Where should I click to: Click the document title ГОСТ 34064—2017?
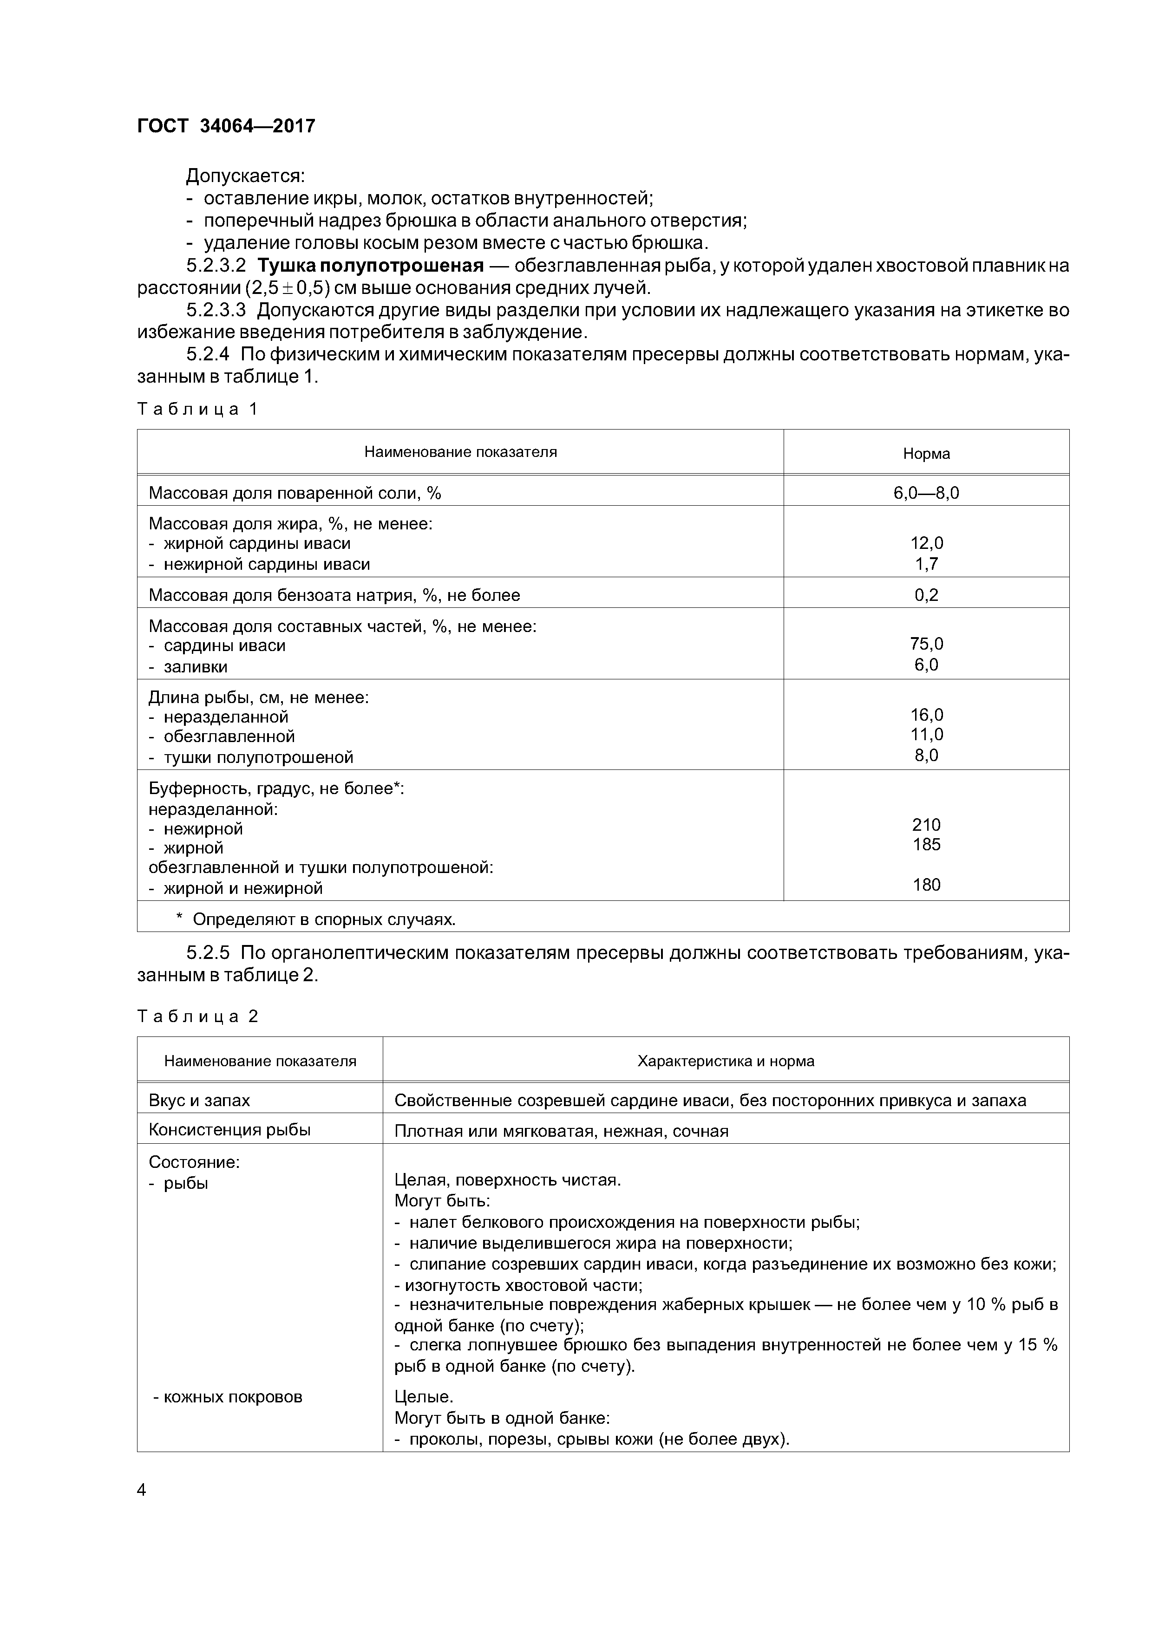(x=226, y=126)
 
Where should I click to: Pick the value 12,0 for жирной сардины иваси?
(x=926, y=543)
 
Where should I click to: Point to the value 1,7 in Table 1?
(x=926, y=564)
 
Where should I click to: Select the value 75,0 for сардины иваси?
(x=926, y=644)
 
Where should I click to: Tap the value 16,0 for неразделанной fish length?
(x=926, y=715)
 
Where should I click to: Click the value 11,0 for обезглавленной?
(x=926, y=735)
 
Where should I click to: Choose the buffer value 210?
(x=926, y=825)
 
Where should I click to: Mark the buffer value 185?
(x=926, y=844)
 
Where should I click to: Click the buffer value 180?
(x=926, y=885)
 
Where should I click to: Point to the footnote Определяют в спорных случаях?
(x=323, y=919)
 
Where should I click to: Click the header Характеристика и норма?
(x=726, y=1062)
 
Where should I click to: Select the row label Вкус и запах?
(x=199, y=1101)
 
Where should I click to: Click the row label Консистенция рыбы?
(x=229, y=1130)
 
